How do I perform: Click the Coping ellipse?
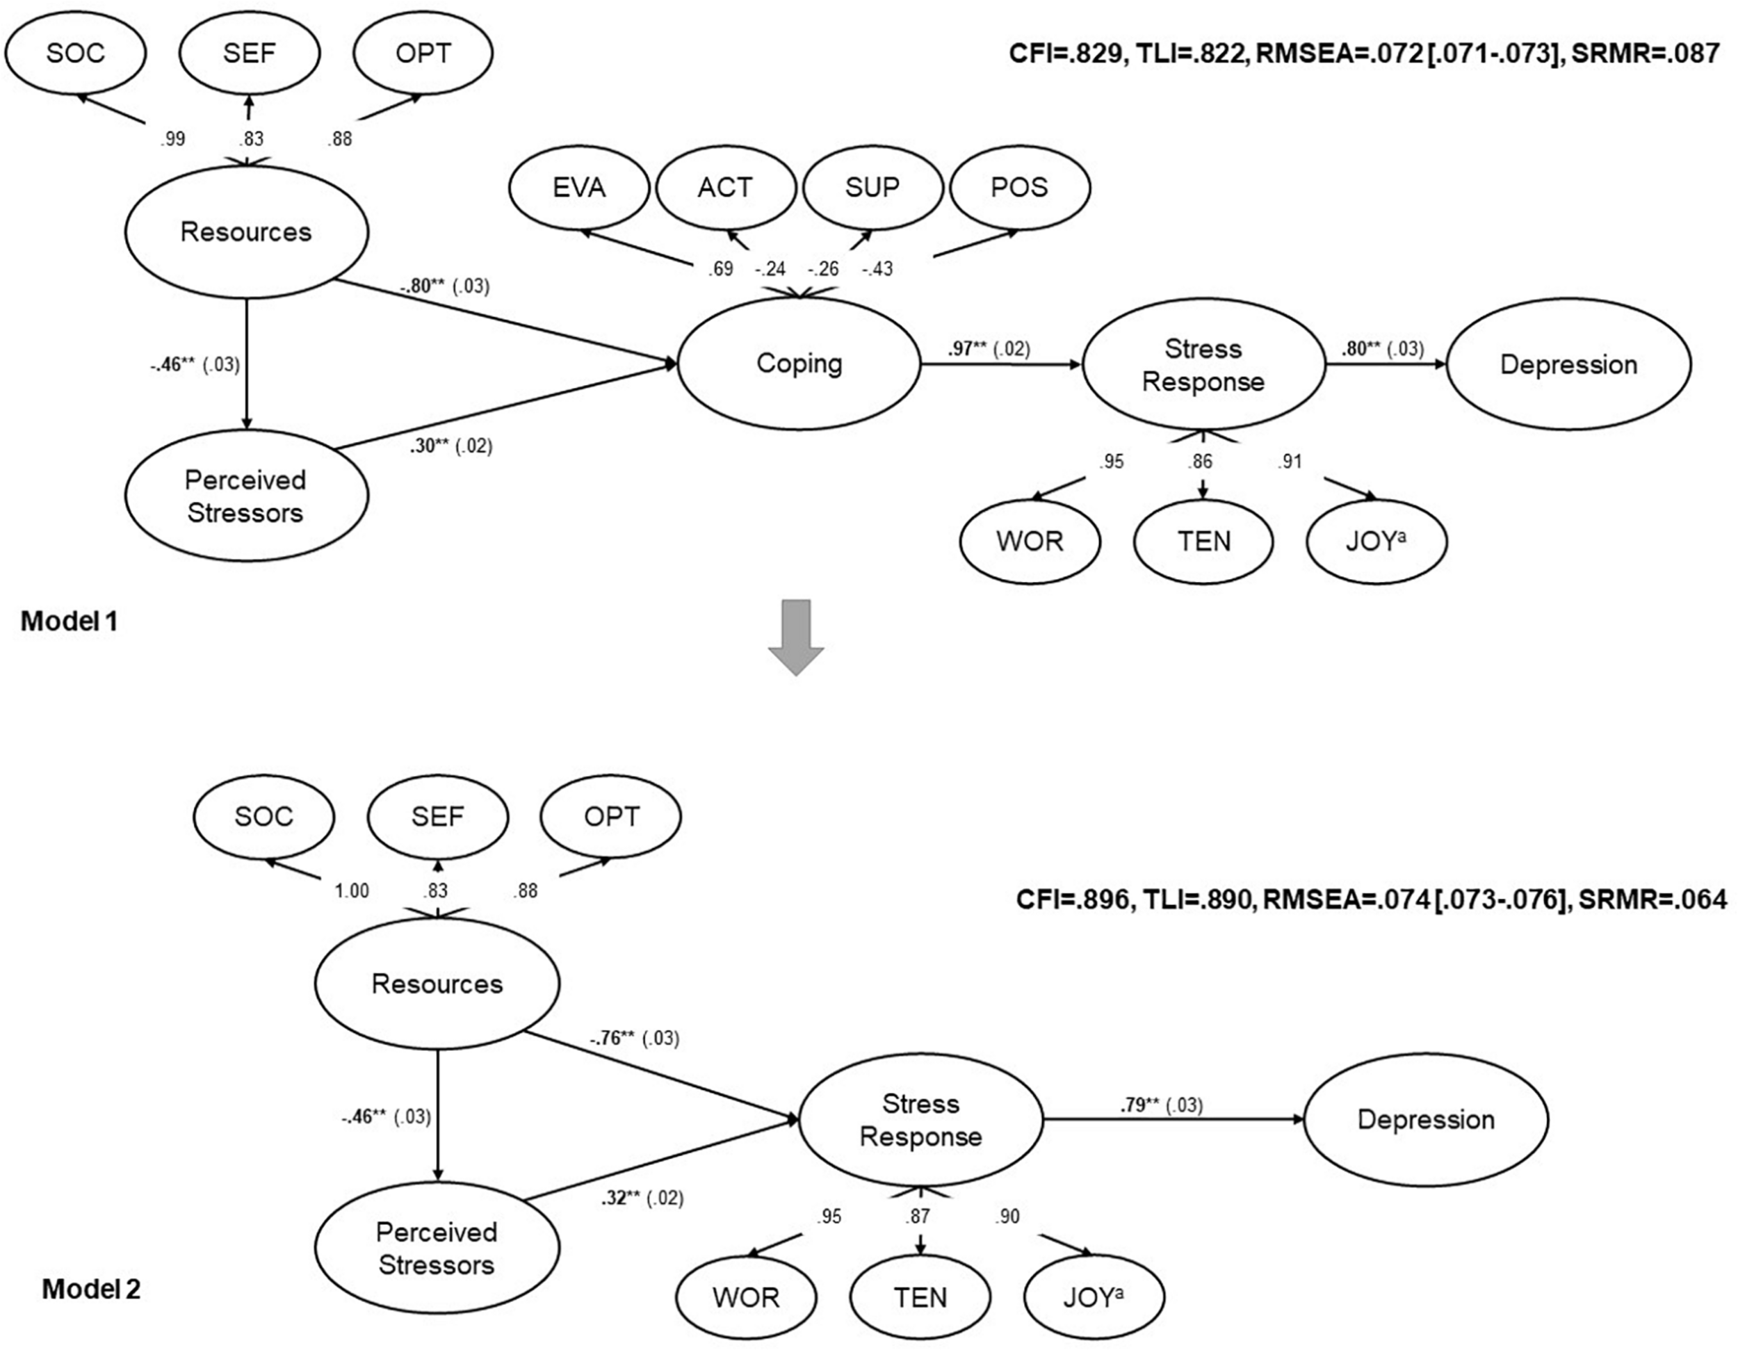click(x=798, y=364)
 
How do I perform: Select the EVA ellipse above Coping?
click(x=578, y=188)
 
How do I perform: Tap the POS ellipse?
click(x=1019, y=188)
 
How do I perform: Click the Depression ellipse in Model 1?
click(x=1568, y=364)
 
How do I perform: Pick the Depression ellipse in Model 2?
click(x=1425, y=1119)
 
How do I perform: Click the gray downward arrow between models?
click(x=796, y=636)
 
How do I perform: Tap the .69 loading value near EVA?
click(x=720, y=269)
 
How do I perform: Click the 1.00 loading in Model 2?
click(x=351, y=891)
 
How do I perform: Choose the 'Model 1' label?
click(x=70, y=621)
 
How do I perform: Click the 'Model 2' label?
click(x=92, y=1289)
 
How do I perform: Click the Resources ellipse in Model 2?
click(x=437, y=984)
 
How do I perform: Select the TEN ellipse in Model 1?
click(x=1203, y=542)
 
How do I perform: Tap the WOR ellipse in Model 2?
click(x=746, y=1297)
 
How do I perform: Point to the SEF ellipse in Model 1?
click(x=249, y=54)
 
